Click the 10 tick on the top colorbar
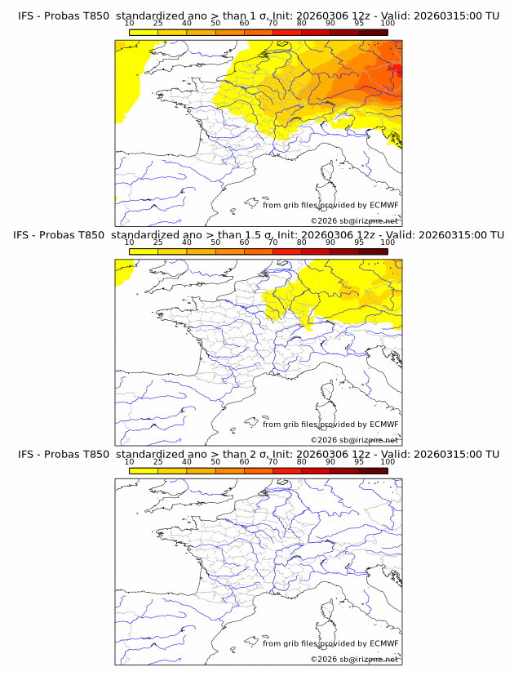tap(130, 23)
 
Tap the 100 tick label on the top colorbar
tap(388, 23)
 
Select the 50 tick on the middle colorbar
tap(215, 242)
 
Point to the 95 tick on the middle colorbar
tap(359, 242)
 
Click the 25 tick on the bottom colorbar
tap(158, 462)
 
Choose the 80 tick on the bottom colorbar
tap(302, 462)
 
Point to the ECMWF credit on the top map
tap(383, 205)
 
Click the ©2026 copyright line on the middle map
tap(355, 440)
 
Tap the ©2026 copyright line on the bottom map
tap(355, 660)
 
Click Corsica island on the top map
tap(327, 172)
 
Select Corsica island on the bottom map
tap(327, 612)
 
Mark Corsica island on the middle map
tap(327, 392)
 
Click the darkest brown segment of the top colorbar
tap(373, 31)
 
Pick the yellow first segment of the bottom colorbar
tap(144, 470)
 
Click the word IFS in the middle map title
tap(27, 234)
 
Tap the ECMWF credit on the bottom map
tap(383, 644)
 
